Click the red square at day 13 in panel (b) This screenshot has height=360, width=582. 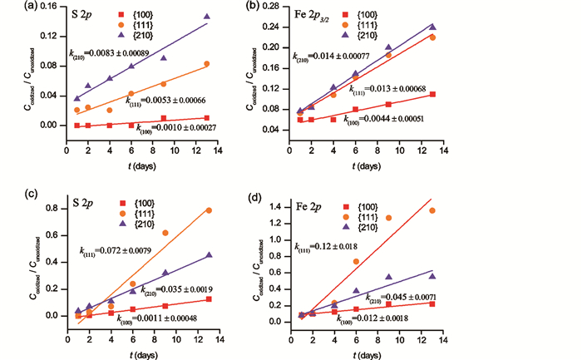tap(432, 95)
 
